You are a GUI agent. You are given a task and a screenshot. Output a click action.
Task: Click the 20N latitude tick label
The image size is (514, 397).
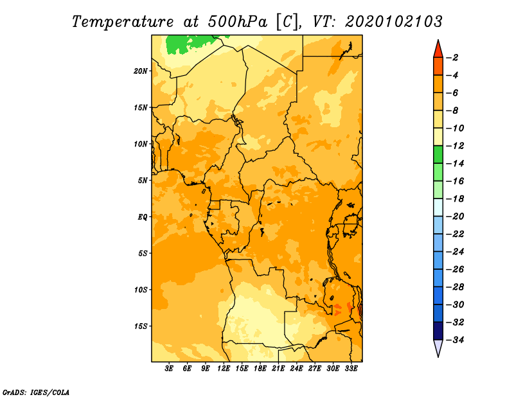pos(140,71)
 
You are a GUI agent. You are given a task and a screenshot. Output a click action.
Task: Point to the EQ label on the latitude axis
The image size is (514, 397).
pos(142,217)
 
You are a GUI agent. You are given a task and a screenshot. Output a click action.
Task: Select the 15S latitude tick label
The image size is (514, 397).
pos(140,326)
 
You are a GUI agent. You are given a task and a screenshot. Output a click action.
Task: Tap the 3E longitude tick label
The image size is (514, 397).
pos(169,369)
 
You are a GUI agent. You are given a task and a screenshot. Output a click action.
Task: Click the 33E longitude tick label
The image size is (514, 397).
pos(351,369)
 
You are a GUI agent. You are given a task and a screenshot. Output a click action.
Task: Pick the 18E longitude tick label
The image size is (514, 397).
pos(260,369)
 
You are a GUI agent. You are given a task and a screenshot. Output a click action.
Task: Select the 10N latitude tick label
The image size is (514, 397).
pos(140,144)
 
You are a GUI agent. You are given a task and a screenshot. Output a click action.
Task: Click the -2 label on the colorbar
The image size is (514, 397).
pos(454,58)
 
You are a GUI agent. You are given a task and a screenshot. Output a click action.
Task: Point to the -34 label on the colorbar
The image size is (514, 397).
pos(456,340)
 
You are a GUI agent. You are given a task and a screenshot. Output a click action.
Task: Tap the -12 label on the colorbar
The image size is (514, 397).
pos(456,146)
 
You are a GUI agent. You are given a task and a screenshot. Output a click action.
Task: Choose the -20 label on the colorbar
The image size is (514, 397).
pos(456,216)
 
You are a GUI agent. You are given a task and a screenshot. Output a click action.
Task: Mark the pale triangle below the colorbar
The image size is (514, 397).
pos(438,347)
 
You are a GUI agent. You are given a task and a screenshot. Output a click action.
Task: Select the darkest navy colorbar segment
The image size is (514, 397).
pos(438,331)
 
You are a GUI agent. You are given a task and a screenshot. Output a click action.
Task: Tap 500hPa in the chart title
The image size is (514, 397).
pos(237,22)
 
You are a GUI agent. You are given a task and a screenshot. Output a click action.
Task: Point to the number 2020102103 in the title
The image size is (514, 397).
pos(394,22)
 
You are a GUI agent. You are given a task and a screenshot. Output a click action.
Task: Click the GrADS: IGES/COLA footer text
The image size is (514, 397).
pos(36,393)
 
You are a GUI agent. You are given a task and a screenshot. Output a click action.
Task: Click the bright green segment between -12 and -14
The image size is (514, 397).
pos(438,155)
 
